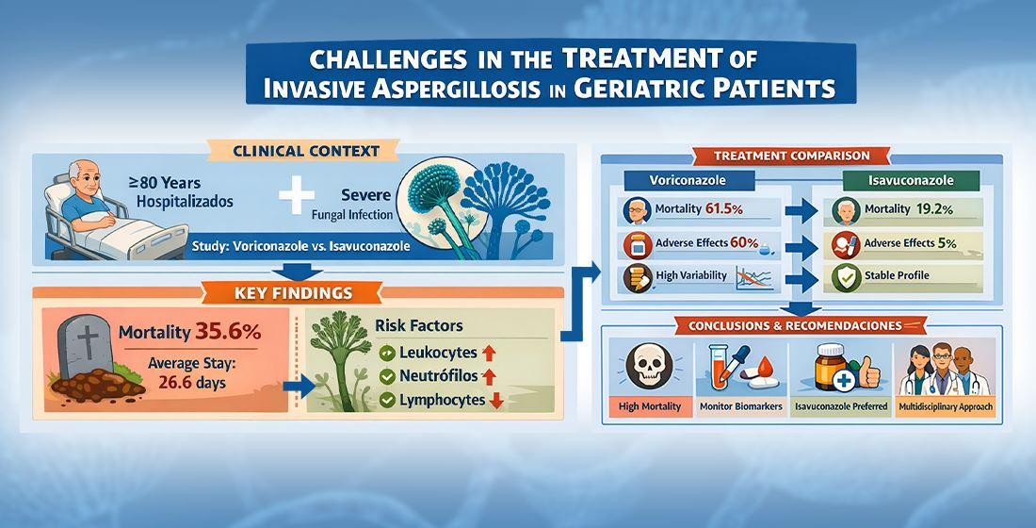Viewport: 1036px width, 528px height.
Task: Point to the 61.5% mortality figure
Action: pyautogui.click(x=724, y=209)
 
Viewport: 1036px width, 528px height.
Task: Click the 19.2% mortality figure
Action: pyautogui.click(x=934, y=209)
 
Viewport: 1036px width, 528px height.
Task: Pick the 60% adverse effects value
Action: pyautogui.click(x=744, y=243)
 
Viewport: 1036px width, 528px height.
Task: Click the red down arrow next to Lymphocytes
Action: pyautogui.click(x=495, y=401)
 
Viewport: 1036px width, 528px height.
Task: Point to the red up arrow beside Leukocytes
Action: pyautogui.click(x=489, y=353)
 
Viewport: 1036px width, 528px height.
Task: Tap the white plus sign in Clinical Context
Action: pyautogui.click(x=296, y=193)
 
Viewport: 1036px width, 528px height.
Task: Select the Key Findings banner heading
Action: pyautogui.click(x=293, y=292)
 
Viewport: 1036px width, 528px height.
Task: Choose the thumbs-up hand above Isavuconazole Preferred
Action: pyautogui.click(x=868, y=373)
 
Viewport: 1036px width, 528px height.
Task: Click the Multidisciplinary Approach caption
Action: pyautogui.click(x=946, y=407)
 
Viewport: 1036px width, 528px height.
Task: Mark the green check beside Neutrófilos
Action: pyautogui.click(x=387, y=377)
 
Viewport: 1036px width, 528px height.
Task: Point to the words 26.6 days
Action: pyautogui.click(x=192, y=383)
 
